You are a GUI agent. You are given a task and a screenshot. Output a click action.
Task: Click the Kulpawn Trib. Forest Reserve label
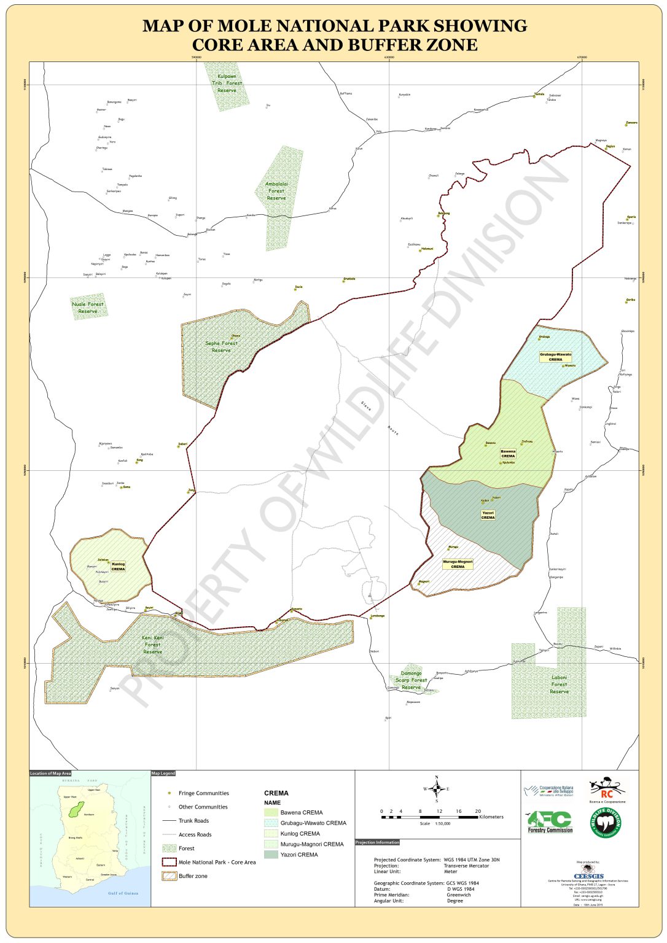tap(227, 83)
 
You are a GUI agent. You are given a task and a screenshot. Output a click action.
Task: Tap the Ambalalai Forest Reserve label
tap(276, 191)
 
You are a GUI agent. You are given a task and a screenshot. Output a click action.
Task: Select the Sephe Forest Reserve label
tap(221, 347)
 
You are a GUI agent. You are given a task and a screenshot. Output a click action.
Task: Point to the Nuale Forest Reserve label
tap(88, 308)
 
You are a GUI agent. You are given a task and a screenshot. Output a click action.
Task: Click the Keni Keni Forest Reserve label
tap(152, 645)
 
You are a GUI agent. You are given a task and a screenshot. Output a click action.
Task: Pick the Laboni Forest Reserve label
tap(559, 685)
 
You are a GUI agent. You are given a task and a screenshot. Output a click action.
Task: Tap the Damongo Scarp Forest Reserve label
tap(411, 680)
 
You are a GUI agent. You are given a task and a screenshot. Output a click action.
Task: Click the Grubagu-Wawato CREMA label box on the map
tap(555, 357)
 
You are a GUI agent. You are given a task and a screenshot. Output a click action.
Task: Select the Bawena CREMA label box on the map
tap(508, 454)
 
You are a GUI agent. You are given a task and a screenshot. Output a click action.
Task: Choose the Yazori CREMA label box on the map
tap(488, 515)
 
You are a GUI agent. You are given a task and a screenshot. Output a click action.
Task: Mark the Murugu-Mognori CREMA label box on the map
tap(458, 564)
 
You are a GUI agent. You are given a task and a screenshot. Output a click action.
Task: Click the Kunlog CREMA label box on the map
tap(118, 566)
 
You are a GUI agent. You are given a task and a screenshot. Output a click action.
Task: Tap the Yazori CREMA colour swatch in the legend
tap(271, 855)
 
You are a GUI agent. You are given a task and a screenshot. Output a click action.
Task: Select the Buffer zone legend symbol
tap(169, 876)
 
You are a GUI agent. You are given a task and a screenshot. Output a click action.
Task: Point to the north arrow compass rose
tap(437, 789)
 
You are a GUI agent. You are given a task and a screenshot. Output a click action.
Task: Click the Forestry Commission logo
tap(550, 822)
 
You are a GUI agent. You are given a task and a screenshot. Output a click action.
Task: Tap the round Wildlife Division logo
tap(606, 823)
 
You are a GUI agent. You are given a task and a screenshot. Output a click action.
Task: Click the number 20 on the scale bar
tap(478, 811)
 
